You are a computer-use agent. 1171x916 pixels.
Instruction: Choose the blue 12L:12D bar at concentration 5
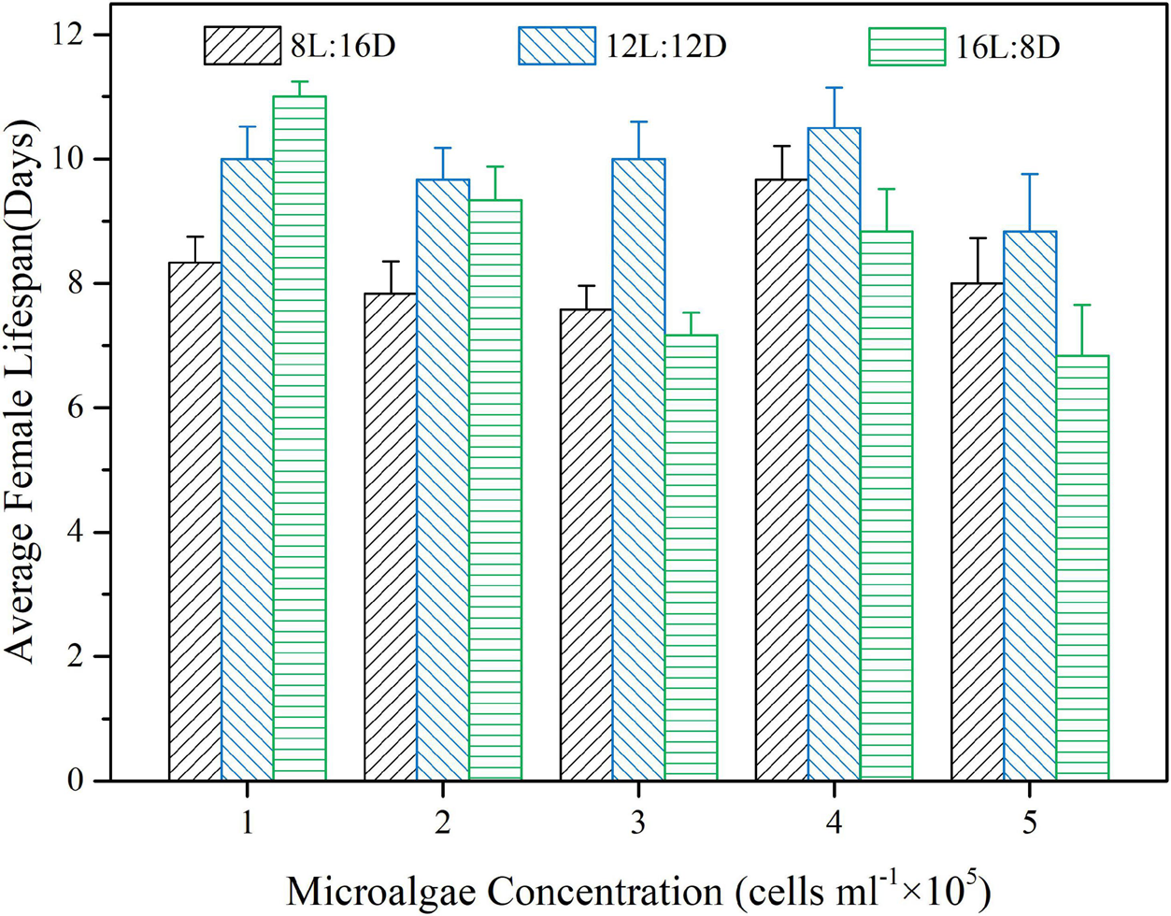[1030, 506]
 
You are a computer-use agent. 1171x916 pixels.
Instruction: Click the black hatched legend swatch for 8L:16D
[242, 46]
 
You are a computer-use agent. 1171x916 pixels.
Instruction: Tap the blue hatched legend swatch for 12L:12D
[556, 46]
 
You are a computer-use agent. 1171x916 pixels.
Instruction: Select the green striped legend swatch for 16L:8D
[907, 46]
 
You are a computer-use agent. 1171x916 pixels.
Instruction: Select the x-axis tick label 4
[834, 823]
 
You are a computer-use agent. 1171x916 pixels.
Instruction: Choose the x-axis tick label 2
[443, 823]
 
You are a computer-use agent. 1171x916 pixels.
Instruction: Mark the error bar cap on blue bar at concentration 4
[834, 88]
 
